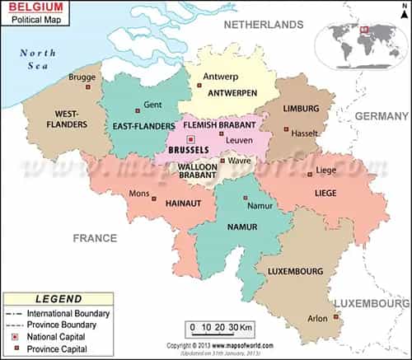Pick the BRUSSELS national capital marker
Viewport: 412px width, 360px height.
pos(190,139)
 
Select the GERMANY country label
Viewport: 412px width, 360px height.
pos(382,117)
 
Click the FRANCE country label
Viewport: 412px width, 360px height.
pos(95,237)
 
